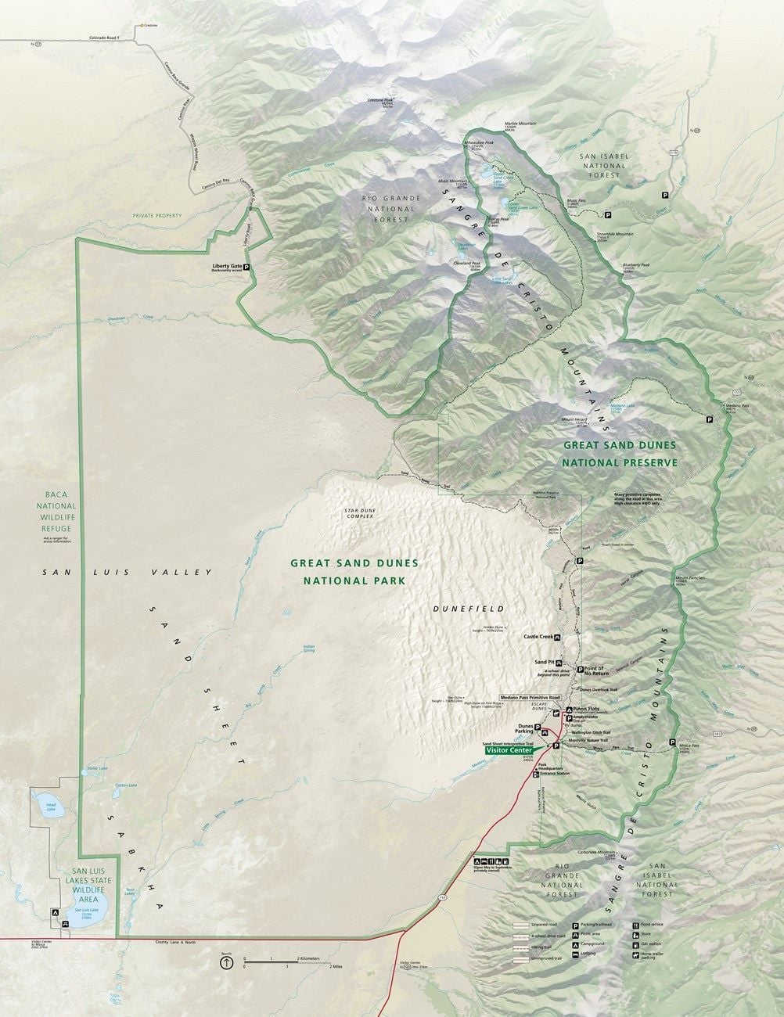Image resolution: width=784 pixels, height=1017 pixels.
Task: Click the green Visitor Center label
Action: pos(509,749)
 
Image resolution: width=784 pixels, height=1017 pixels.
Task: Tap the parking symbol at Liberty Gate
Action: pos(246,267)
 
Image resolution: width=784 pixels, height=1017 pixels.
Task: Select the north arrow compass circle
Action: pos(226,964)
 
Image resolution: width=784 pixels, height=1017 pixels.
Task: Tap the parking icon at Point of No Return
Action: pos(580,669)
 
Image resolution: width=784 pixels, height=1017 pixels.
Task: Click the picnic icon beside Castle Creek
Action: pos(557,638)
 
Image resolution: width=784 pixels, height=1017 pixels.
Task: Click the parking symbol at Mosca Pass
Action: pos(672,742)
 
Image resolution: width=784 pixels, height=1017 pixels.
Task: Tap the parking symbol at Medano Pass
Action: pos(710,419)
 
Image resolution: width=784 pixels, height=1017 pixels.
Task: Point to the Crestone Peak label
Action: pos(381,101)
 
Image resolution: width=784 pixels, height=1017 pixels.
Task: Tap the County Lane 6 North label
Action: pos(175,942)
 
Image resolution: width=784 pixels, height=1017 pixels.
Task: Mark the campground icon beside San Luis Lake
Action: pos(55,912)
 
